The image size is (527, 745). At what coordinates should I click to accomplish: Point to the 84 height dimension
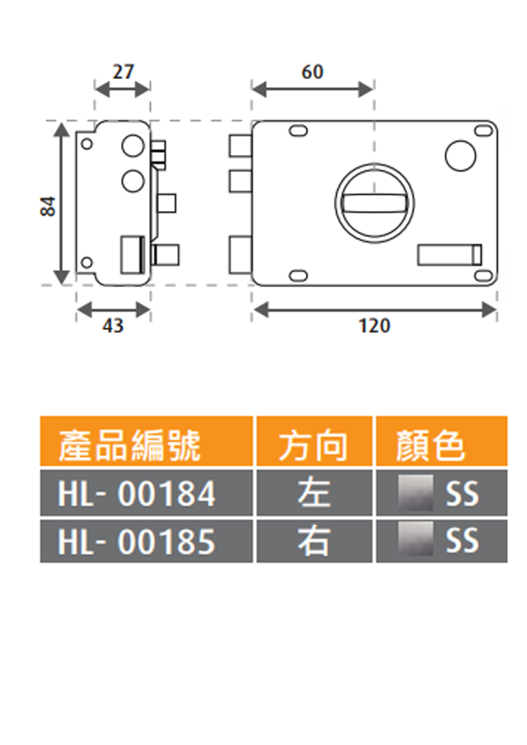click(48, 206)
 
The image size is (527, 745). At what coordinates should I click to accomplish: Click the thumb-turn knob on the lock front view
click(374, 203)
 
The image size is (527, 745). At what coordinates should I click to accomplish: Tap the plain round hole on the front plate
click(460, 156)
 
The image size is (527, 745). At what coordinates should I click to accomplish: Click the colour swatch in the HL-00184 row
click(416, 492)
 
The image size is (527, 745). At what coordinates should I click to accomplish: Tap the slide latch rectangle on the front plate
click(449, 255)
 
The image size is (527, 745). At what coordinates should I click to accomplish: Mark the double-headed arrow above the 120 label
click(375, 310)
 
